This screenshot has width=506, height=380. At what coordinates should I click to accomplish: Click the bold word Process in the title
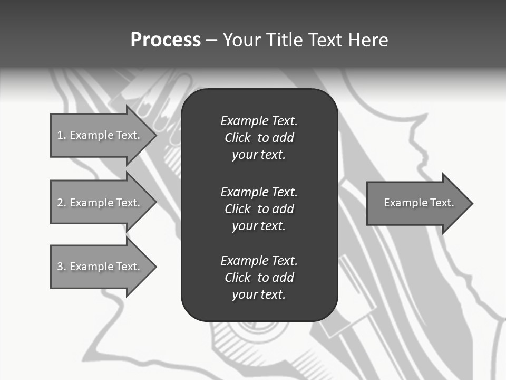[166, 40]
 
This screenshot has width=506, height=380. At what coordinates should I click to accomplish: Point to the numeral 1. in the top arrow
[62, 135]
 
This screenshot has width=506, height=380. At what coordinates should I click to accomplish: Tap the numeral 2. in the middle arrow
[62, 203]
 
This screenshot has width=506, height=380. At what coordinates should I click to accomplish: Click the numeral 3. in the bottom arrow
[62, 267]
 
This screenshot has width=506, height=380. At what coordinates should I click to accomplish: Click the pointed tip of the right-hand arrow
[471, 203]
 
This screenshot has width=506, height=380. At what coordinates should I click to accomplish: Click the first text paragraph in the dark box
[259, 138]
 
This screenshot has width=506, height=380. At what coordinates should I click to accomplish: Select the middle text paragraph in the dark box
[259, 209]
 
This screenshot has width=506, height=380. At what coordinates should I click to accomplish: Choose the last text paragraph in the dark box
[259, 278]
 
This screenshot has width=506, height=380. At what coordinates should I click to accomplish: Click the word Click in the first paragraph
[238, 138]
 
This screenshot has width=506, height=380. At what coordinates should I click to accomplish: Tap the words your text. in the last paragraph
[259, 294]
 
